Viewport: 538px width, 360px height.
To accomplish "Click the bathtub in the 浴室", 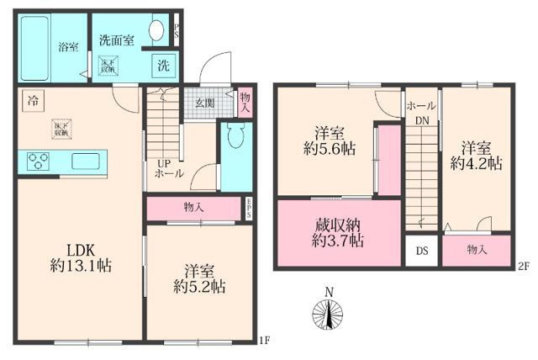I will pyautogui.click(x=38, y=46).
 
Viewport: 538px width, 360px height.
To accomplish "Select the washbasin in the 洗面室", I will pyautogui.click(x=156, y=32).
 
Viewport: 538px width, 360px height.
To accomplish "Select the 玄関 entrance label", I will pyautogui.click(x=205, y=103).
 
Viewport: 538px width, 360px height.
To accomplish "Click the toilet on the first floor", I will pyautogui.click(x=236, y=138).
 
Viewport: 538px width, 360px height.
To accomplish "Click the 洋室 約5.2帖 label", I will pyautogui.click(x=199, y=278).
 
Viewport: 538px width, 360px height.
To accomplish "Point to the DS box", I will pyautogui.click(x=422, y=251).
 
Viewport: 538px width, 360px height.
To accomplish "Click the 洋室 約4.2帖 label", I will pyautogui.click(x=477, y=154).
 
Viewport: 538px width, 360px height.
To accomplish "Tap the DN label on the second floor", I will pyautogui.click(x=420, y=119).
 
